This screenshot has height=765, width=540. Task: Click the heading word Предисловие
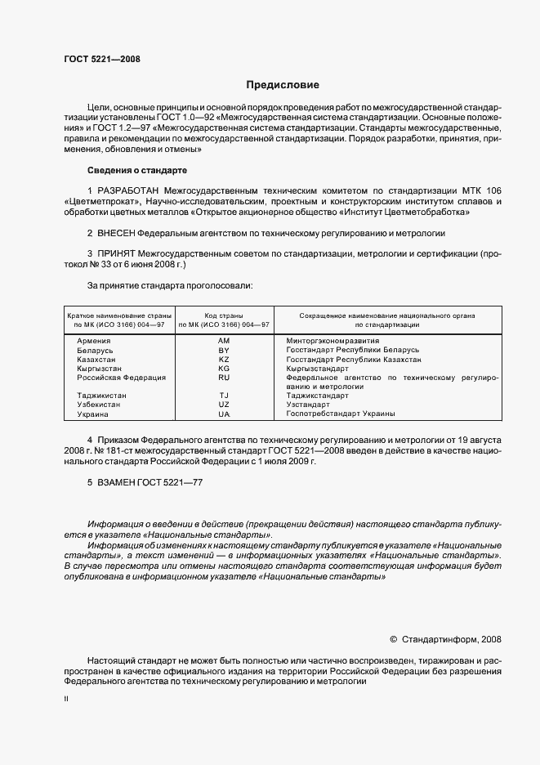283,85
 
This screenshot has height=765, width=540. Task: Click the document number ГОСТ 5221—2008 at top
102,59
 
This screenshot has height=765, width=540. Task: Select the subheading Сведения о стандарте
136,170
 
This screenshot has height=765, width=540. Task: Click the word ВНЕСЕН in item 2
117,233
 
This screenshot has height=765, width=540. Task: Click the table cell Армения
96,340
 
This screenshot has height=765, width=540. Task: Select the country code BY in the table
224,350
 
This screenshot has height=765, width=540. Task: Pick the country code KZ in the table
224,359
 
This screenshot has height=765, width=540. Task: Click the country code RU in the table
224,378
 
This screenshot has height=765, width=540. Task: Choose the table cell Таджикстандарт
318,396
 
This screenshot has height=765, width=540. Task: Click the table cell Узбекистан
100,405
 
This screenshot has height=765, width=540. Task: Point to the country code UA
224,414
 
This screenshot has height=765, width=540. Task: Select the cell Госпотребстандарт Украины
341,414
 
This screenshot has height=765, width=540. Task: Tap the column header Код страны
224,315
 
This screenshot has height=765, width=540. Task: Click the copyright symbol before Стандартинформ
393,639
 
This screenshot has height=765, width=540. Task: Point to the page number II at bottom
67,700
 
